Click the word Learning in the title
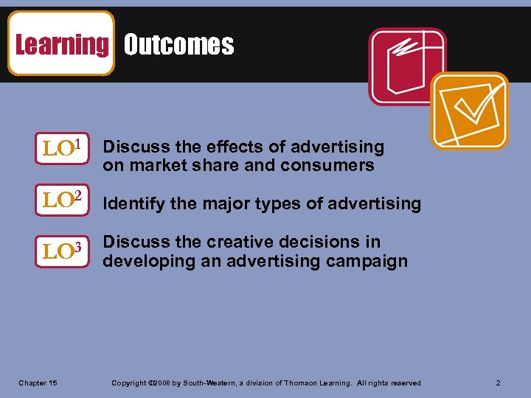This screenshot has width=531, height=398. point(61,45)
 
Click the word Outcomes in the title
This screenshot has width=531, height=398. point(178,45)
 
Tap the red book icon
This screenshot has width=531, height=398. point(407,67)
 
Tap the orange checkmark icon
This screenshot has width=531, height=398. point(469,111)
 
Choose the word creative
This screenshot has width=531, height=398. point(239,242)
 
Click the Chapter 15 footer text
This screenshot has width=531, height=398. point(38,383)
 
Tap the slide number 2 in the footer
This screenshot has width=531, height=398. point(499,383)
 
